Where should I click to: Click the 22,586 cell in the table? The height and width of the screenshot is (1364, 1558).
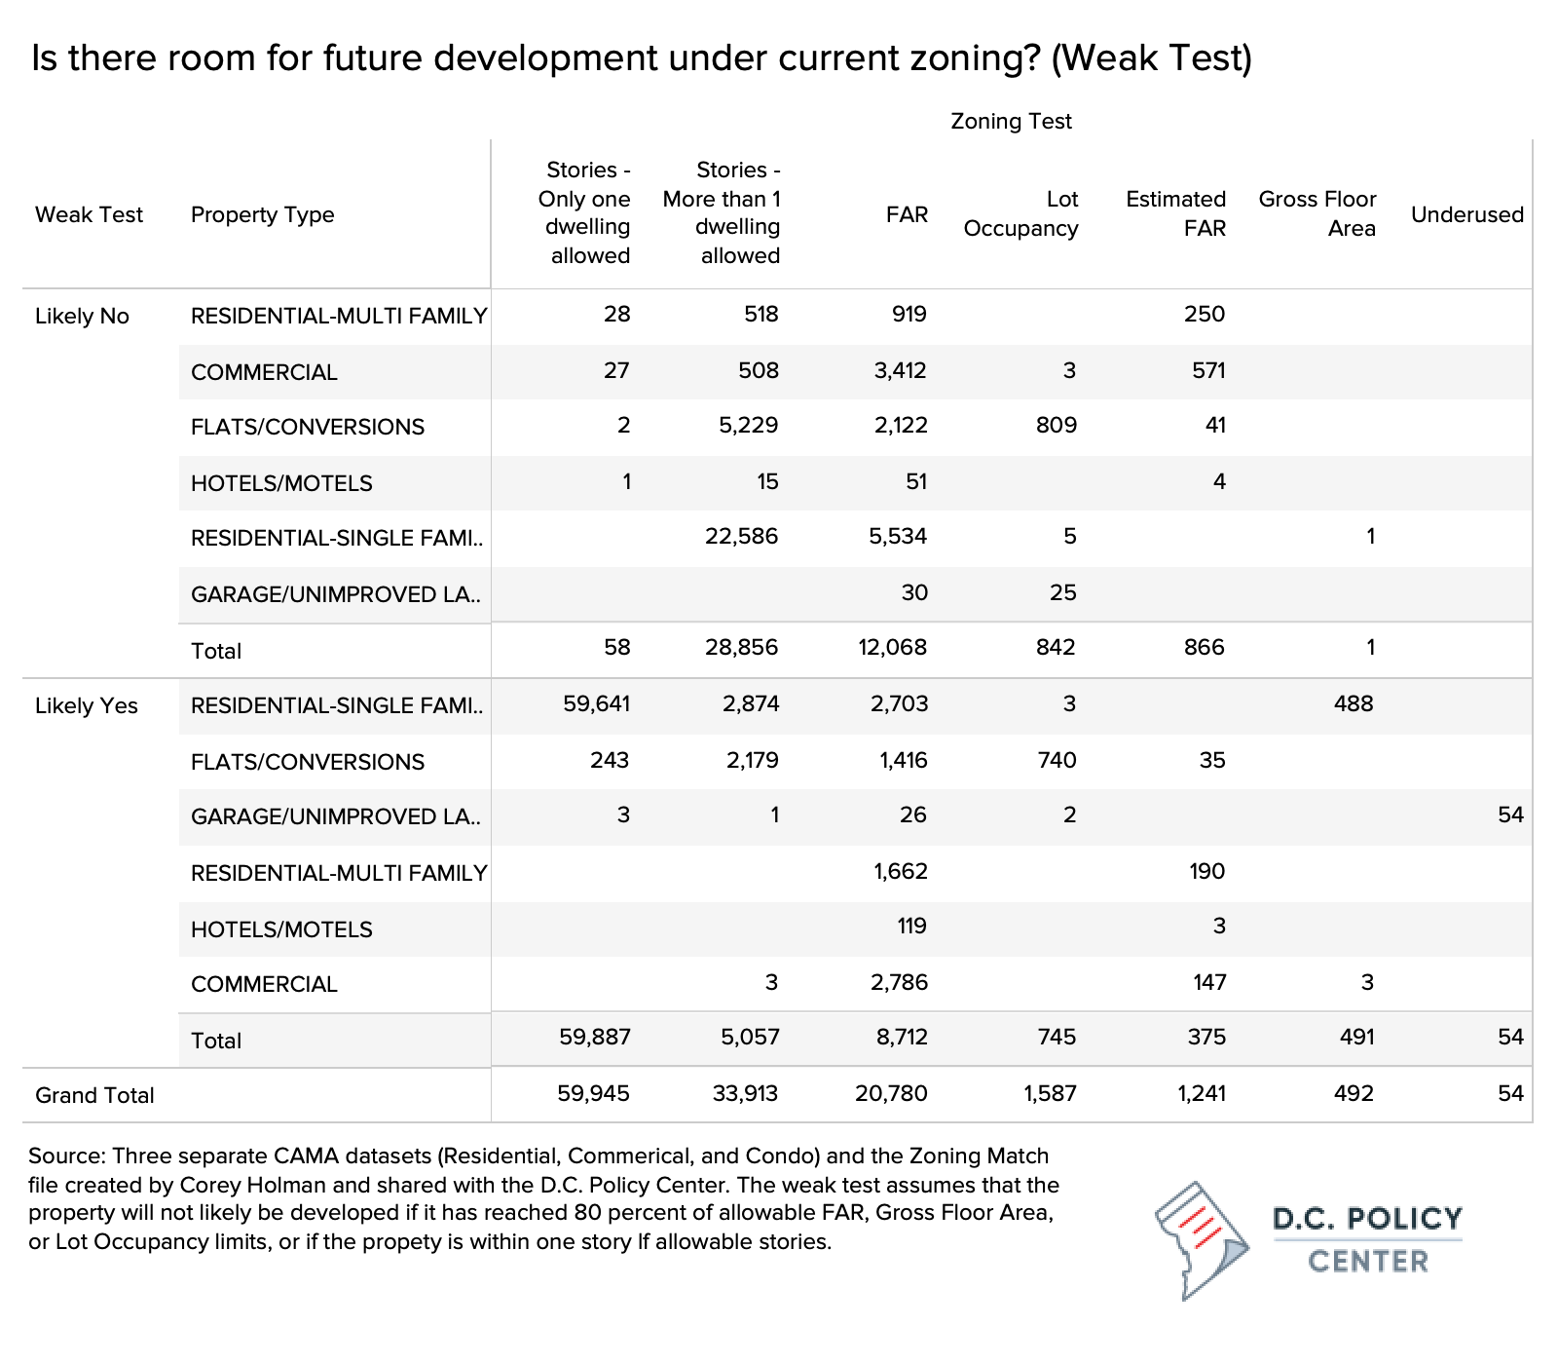pos(741,536)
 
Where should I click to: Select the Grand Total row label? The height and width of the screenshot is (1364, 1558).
pos(94,1095)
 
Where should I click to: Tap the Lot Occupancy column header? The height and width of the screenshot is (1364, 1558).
pos(1021,213)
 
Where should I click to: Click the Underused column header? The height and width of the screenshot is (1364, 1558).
pos(1467,214)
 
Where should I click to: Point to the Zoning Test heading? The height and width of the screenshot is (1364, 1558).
pos(1011,121)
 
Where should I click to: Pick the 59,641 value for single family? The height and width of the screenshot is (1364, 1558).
pos(597,703)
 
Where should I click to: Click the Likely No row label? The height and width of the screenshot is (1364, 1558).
pos(82,316)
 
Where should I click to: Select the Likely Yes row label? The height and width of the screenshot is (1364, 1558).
pos(87,705)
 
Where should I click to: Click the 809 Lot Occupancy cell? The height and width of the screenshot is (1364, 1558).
pos(1057,425)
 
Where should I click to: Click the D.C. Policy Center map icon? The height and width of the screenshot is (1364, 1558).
pos(1203,1240)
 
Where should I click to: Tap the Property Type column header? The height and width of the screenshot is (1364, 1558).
pos(263,214)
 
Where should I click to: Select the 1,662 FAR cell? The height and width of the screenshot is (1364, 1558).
pos(901,871)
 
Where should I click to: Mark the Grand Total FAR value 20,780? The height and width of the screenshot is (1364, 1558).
pos(891,1093)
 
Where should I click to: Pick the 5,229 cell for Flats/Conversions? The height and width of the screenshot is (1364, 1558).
pos(748,425)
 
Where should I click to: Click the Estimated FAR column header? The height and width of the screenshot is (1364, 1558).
pos(1175,213)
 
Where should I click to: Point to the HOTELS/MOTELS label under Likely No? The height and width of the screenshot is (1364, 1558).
pos(281,483)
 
